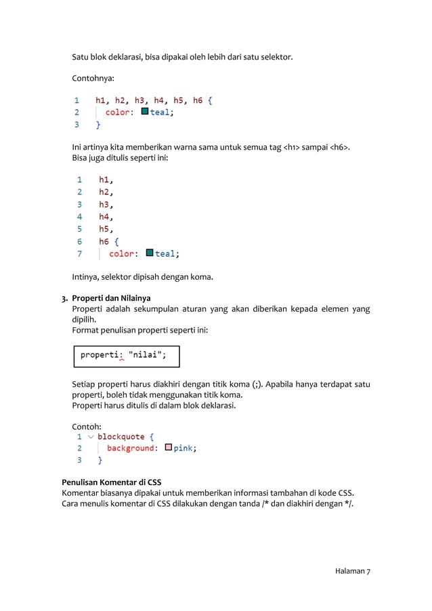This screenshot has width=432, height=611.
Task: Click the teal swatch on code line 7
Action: (x=150, y=253)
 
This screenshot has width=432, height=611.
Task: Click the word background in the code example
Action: (x=131, y=448)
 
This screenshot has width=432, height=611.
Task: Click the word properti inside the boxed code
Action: (x=100, y=354)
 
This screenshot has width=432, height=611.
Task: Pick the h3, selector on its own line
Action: (x=106, y=205)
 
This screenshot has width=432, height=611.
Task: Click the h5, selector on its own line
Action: (x=106, y=229)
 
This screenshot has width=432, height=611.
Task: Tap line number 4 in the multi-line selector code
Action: (x=79, y=217)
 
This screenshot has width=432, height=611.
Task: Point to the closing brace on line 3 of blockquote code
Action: (x=101, y=460)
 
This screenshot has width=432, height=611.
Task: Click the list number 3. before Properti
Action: (x=65, y=298)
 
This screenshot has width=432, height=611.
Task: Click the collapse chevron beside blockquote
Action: (x=91, y=437)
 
